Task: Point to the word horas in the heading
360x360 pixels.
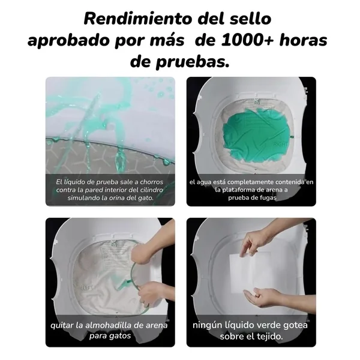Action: tap(303, 40)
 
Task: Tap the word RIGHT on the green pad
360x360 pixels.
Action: tap(280, 145)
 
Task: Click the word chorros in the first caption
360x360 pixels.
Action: tap(151, 182)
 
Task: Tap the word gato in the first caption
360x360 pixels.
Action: tap(146, 198)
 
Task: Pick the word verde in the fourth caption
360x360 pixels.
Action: tap(268, 325)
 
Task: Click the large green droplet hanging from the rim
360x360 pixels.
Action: tap(121, 161)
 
